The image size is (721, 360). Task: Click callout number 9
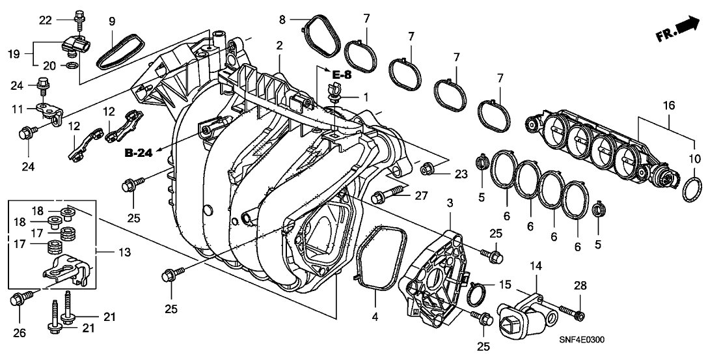(112, 21)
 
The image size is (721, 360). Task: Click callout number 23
(461, 174)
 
